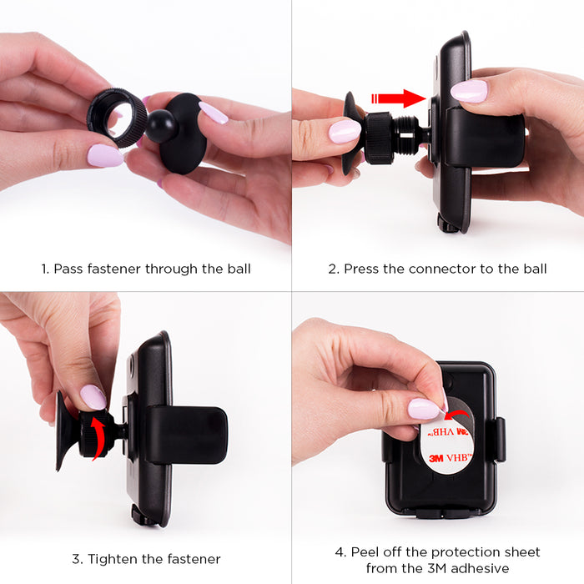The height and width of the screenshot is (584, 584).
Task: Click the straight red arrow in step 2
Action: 399,98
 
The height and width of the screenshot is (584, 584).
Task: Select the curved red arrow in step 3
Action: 99,438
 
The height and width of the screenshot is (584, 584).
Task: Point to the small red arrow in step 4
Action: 458,414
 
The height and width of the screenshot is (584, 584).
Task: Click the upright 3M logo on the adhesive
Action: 436,458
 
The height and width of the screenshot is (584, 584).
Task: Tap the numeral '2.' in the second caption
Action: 334,269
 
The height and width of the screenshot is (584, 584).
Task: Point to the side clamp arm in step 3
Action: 186,435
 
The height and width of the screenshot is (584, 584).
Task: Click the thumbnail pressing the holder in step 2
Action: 469,91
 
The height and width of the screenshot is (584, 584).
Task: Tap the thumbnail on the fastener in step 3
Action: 93,397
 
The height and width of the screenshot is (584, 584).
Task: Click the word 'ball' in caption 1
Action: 239,269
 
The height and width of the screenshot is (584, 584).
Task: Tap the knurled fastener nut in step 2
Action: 379,138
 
